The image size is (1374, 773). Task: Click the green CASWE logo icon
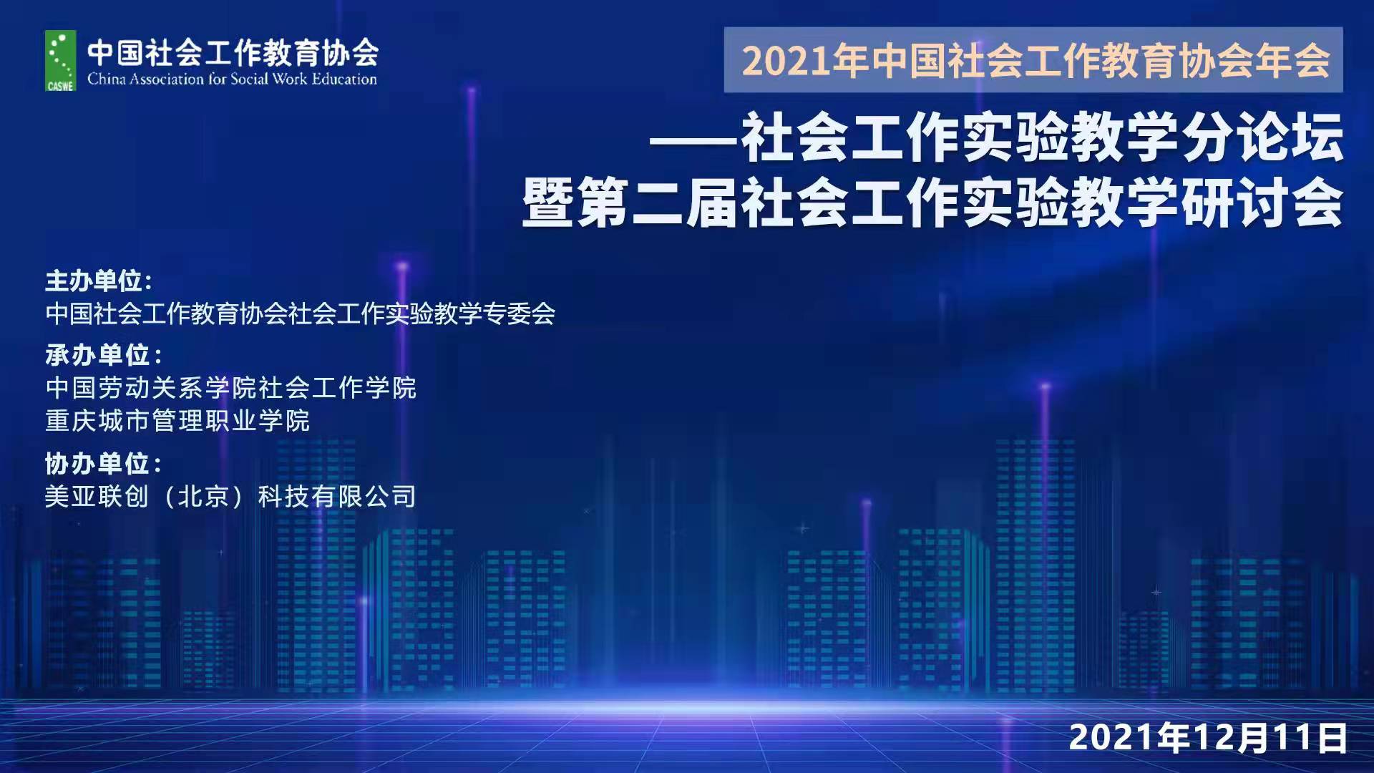point(60,61)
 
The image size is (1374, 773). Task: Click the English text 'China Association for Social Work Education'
point(232,79)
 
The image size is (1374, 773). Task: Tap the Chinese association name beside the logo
point(233,52)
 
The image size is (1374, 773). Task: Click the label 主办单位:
point(99,281)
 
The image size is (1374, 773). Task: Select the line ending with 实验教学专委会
point(301,313)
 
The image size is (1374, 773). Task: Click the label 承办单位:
point(104,354)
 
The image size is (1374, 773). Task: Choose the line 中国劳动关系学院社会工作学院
point(230,387)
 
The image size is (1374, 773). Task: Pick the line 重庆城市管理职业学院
point(177,420)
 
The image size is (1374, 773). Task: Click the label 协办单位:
point(104,463)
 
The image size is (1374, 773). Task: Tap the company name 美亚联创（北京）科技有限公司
point(230,496)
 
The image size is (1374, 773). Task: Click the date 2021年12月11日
point(1208,737)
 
